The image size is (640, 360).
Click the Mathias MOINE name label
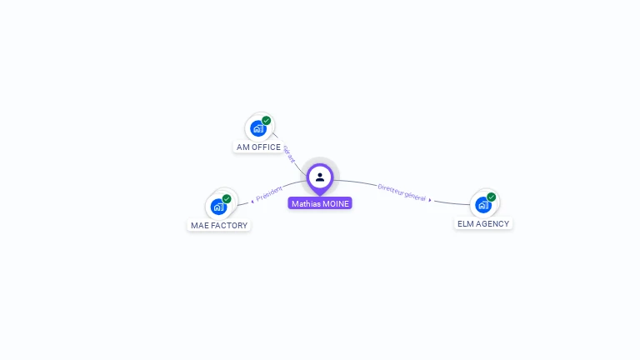320,203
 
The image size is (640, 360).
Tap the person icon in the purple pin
320,177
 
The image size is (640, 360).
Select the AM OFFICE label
258,147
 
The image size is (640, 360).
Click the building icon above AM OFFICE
258,128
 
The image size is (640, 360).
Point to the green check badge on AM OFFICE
267,121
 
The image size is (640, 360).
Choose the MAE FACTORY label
219,225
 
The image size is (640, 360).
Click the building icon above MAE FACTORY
218,207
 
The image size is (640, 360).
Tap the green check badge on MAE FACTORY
227,199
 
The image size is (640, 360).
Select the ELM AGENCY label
483,223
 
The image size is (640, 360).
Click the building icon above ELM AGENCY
483,205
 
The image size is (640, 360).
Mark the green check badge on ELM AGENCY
492,197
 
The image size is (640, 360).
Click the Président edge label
270,193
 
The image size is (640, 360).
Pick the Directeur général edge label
402,192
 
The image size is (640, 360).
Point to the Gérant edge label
289,153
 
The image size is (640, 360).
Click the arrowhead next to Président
252,201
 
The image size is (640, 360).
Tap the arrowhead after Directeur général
430,200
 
